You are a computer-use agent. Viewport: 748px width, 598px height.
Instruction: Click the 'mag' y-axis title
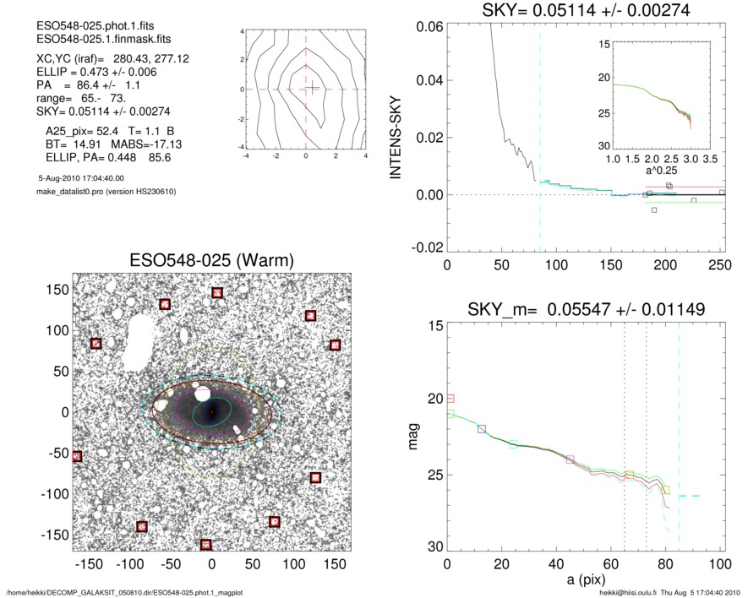coord(414,439)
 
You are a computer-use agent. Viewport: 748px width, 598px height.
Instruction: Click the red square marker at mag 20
coord(450,398)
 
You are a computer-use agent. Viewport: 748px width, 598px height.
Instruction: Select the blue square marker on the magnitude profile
coord(482,429)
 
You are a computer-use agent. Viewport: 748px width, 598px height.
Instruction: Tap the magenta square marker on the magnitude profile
coord(570,459)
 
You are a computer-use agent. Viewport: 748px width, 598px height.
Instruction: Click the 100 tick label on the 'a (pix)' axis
coord(719,565)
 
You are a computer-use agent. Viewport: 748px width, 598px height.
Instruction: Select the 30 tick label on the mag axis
coord(434,547)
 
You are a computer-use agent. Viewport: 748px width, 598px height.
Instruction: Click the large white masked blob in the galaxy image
coord(138,343)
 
